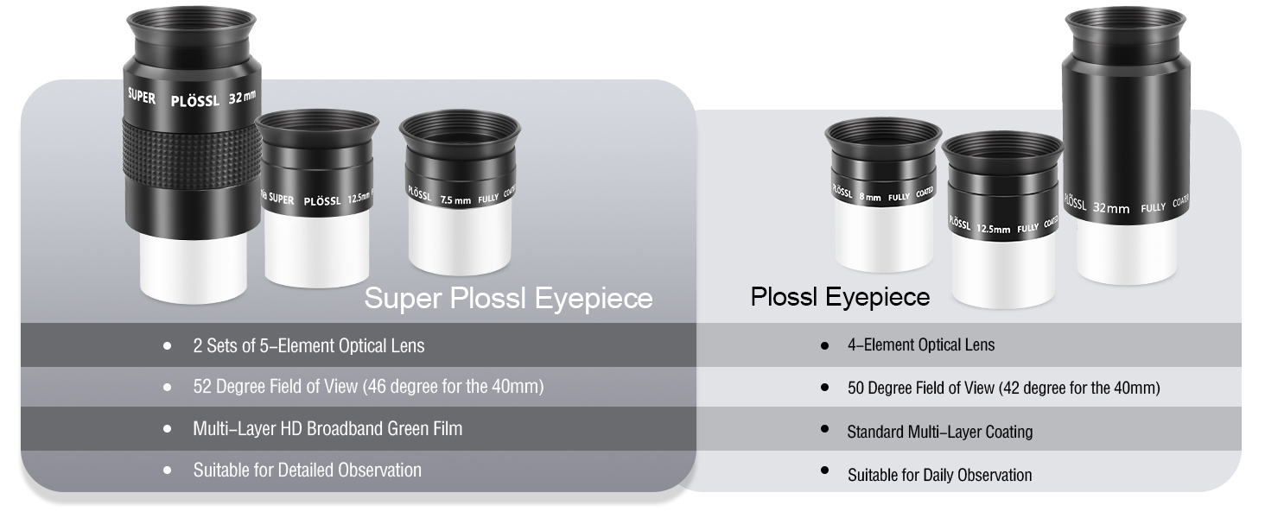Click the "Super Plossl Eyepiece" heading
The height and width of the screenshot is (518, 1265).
(508, 299)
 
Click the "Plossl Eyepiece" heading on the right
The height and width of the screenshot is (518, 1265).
(840, 297)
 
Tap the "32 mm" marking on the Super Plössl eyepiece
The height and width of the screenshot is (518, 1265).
(242, 98)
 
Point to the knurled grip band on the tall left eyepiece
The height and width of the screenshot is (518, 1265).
(192, 154)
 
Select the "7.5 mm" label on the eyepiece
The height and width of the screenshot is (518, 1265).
(455, 200)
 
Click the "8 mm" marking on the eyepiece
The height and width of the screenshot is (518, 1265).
(869, 198)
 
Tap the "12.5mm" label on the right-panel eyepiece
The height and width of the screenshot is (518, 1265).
(993, 229)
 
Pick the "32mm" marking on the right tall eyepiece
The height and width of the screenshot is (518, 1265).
(1111, 208)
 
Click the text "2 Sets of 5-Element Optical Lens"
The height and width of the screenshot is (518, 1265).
(308, 345)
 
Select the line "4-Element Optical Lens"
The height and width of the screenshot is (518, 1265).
(921, 344)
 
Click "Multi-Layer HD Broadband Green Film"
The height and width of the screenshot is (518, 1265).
(327, 429)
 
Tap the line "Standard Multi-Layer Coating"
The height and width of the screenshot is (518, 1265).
(940, 432)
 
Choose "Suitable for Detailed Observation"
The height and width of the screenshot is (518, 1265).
(308, 470)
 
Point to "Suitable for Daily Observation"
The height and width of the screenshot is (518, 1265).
(940, 475)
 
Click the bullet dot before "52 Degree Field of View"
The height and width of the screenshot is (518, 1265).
(167, 387)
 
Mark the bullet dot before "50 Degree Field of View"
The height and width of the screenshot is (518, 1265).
(824, 387)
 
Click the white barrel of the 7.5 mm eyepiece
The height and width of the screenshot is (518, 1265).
(460, 237)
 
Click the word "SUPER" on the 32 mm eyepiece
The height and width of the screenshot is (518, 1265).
(141, 97)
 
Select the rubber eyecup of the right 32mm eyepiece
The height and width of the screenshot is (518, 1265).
(1126, 31)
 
